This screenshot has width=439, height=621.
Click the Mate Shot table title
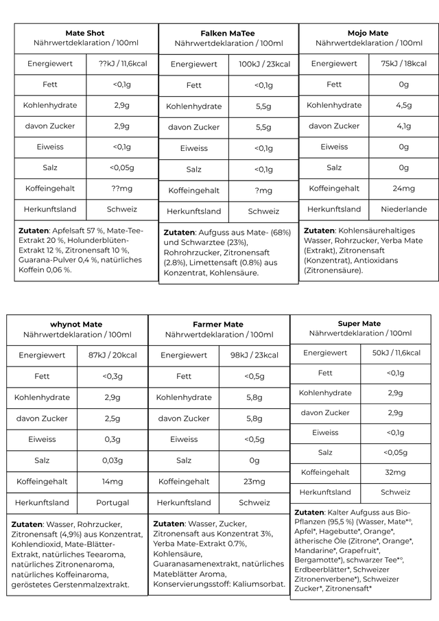coord(85,33)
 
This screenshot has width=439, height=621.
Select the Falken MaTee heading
coord(228,34)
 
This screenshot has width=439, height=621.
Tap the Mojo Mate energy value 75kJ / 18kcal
coord(403,64)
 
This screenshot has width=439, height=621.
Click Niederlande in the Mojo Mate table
coord(403,209)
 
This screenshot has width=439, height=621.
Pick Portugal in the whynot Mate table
coord(112,503)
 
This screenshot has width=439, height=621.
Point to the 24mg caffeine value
coord(403,189)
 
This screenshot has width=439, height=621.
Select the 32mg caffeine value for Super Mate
coord(395,473)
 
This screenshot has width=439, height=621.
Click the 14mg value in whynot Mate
coord(112,482)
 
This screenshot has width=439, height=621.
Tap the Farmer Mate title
coord(218,325)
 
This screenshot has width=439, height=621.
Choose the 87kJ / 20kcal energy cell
coord(112,355)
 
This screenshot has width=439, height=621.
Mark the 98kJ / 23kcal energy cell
coord(254,355)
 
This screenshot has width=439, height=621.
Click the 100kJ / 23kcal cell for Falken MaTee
coord(264,65)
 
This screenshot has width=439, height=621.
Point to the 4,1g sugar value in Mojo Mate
coord(403,126)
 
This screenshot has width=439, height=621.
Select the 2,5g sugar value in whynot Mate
coord(112,419)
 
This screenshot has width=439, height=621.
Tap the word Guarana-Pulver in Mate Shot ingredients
coord(46,260)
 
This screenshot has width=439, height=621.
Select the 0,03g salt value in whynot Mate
coord(112,460)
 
